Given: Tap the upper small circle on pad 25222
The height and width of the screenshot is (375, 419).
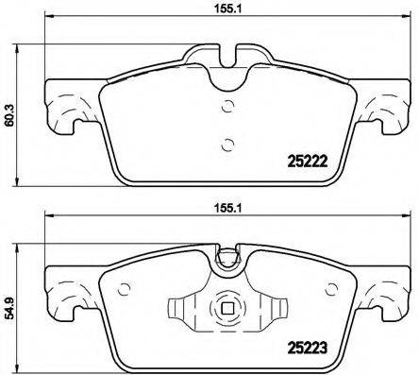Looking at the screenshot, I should [226, 105].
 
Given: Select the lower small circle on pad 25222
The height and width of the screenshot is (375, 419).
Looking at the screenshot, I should [226, 144].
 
